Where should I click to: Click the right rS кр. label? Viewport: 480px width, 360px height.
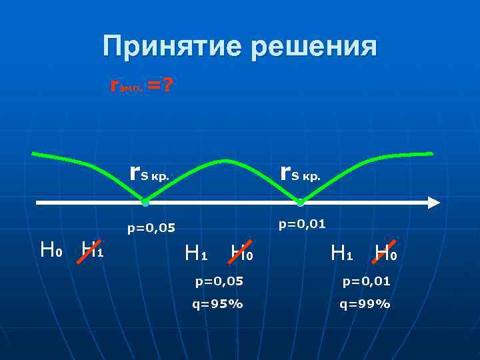point(301,175)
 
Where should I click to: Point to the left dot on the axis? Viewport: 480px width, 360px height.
point(145,202)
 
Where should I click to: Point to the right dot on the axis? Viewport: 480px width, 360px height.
point(301,202)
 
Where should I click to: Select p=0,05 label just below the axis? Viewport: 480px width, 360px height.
point(151,229)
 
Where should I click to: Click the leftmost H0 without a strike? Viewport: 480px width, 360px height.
point(51,250)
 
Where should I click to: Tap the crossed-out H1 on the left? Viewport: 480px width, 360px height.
point(91,250)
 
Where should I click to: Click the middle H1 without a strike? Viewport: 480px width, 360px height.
point(196,253)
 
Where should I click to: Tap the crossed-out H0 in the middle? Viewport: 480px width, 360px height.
point(241,253)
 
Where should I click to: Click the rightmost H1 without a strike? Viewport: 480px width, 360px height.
point(341,253)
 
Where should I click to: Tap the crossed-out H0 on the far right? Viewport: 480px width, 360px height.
point(385,253)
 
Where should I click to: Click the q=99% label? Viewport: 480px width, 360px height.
point(365,305)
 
